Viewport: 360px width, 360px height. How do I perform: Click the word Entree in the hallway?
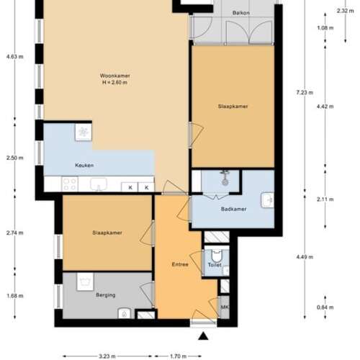pyautogui.click(x=180, y=264)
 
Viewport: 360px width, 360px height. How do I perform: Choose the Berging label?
pyautogui.click(x=106, y=295)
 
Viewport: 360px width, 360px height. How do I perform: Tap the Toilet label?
pyautogui.click(x=214, y=265)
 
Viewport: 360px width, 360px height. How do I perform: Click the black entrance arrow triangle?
pyautogui.click(x=204, y=336)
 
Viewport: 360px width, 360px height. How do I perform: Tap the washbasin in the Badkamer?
pyautogui.click(x=267, y=198)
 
